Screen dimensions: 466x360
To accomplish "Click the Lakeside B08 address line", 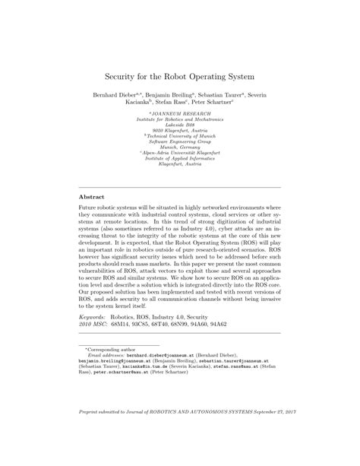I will pyautogui.click(x=180, y=125).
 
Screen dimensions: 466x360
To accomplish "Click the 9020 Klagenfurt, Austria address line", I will pyautogui.click(x=180, y=131).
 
